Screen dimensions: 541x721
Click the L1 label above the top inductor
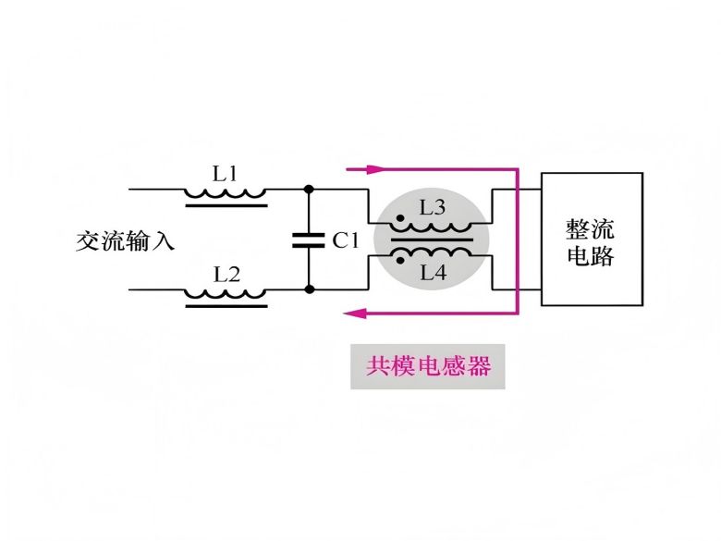(x=226, y=173)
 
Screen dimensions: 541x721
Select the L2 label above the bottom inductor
(x=226, y=274)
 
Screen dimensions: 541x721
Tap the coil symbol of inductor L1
(x=226, y=194)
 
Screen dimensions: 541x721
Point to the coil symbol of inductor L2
(x=226, y=295)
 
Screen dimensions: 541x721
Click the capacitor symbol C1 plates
(x=309, y=240)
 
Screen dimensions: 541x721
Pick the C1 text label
(x=344, y=240)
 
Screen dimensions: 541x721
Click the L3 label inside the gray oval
(x=433, y=209)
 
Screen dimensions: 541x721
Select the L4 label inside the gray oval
(x=433, y=272)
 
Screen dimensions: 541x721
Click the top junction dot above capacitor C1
(x=309, y=189)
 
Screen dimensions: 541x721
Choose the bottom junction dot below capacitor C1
(x=309, y=289)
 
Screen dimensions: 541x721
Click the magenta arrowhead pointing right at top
(x=374, y=170)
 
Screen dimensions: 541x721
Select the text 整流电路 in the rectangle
(x=591, y=241)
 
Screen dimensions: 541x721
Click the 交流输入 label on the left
(x=125, y=241)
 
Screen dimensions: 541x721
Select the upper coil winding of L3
(x=432, y=228)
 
